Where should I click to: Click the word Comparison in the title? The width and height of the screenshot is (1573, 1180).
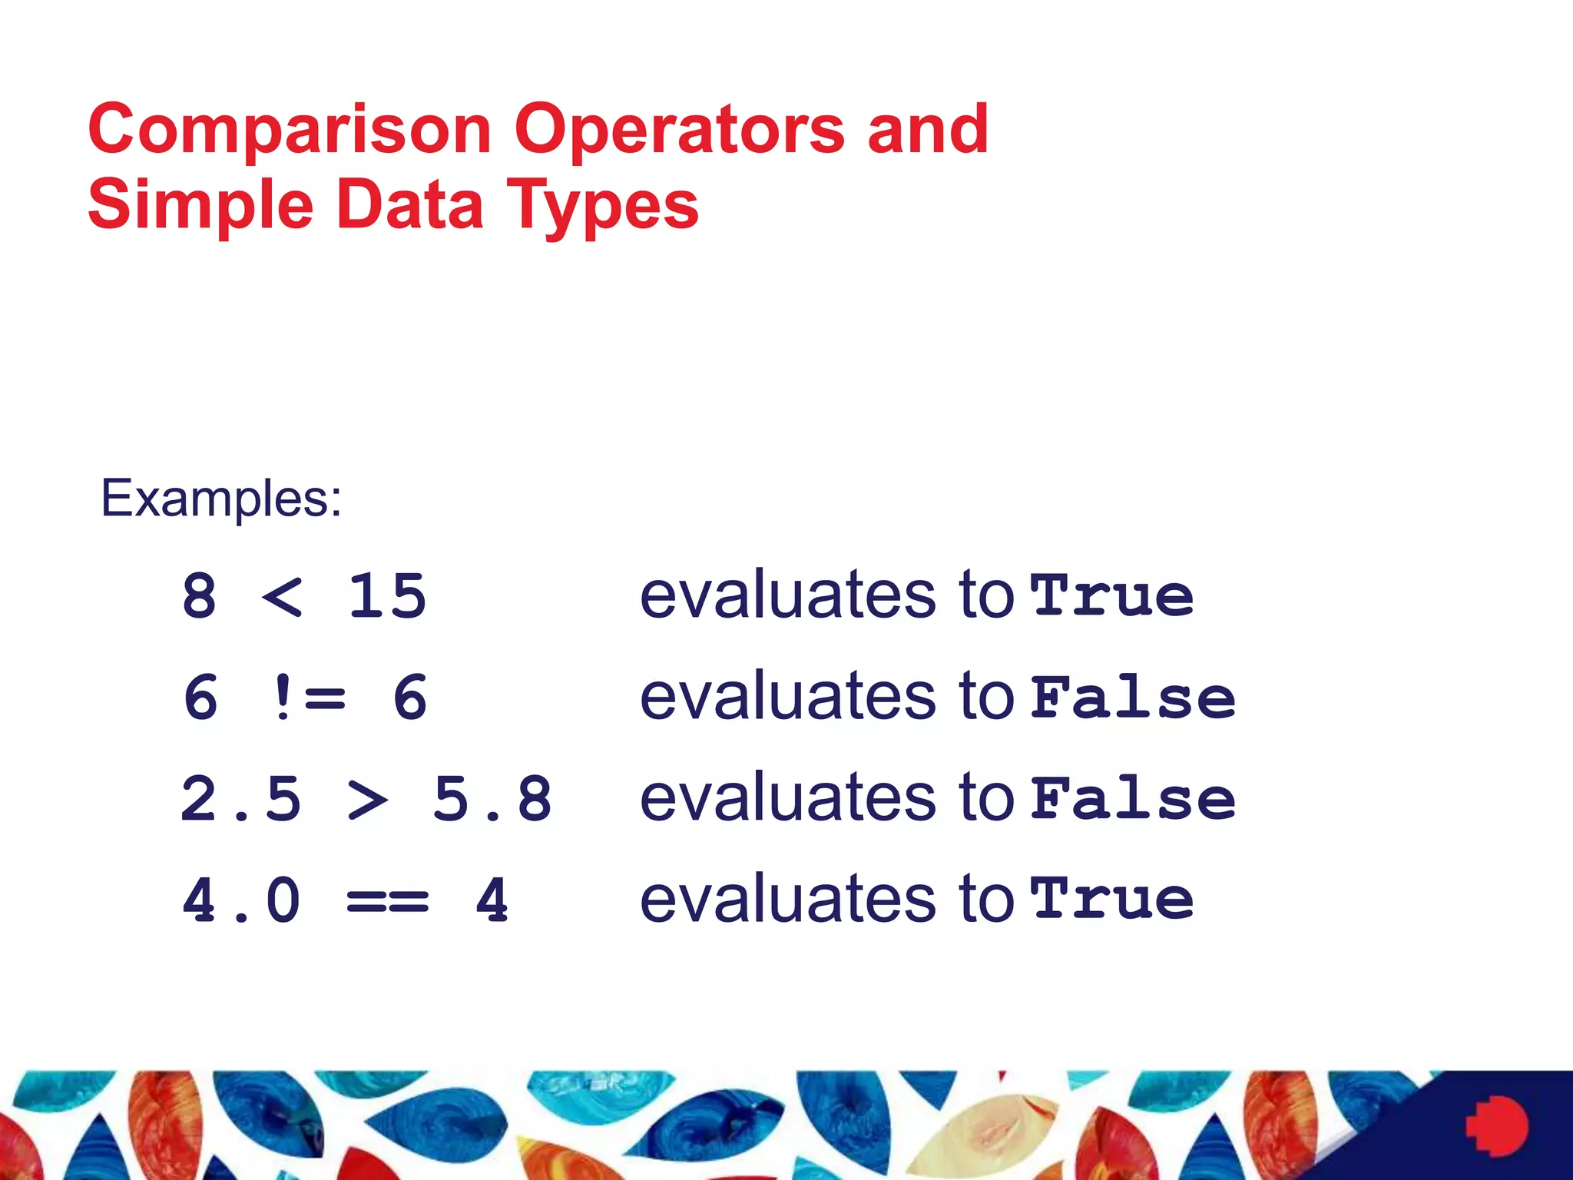click(x=290, y=131)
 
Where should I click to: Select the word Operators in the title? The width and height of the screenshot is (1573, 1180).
click(x=680, y=131)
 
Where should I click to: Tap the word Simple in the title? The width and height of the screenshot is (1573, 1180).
click(x=200, y=206)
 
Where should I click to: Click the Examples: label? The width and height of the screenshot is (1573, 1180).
click(x=221, y=499)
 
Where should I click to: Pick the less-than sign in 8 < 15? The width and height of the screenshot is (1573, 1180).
click(x=283, y=597)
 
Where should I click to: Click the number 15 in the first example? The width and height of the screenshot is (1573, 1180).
click(x=387, y=597)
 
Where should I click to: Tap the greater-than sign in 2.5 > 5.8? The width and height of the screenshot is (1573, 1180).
click(x=367, y=799)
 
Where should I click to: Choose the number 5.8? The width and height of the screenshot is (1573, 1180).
click(x=492, y=799)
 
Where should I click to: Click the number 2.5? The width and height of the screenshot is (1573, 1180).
click(x=241, y=799)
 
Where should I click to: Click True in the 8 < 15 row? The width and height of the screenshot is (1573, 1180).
click(x=1112, y=596)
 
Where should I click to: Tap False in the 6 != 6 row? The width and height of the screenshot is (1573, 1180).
click(x=1133, y=698)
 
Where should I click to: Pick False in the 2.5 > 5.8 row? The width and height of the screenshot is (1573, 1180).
click(x=1133, y=799)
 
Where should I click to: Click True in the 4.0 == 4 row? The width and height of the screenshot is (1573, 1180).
click(x=1112, y=899)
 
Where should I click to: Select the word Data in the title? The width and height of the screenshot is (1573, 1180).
click(x=410, y=206)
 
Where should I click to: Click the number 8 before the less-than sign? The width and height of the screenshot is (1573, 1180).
click(x=200, y=597)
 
